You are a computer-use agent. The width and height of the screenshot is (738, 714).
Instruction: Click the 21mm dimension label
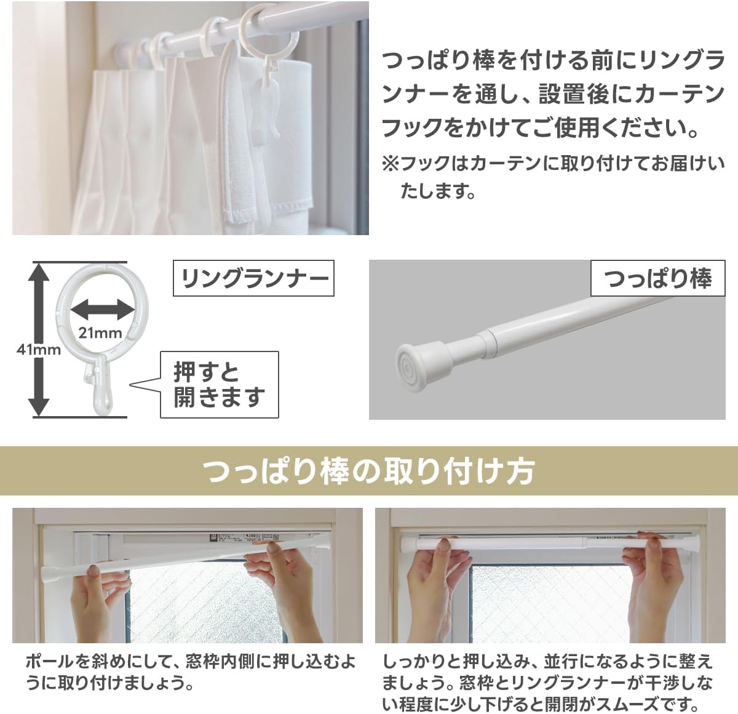(100, 333)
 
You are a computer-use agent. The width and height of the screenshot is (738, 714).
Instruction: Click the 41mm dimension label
(39, 350)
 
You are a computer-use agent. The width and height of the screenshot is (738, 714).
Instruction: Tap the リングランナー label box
(253, 279)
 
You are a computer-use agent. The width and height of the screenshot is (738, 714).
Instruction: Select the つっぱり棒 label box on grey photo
(658, 279)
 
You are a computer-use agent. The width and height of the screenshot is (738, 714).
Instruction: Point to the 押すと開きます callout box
(219, 385)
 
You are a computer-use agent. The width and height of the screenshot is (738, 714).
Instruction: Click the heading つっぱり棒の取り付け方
(368, 471)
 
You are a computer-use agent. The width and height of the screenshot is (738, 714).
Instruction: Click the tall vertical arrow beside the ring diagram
(39, 339)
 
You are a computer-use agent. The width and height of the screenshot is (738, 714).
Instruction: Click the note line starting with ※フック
(553, 164)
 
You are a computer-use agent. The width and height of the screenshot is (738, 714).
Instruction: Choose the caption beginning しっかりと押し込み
(547, 682)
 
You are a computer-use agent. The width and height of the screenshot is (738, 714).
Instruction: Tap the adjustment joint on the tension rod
(488, 342)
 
